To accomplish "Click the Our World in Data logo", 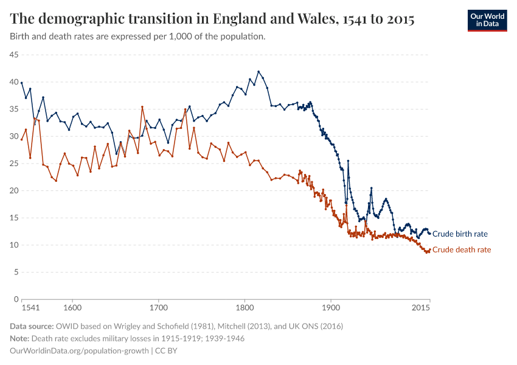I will tap(487, 20).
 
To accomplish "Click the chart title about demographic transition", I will tap(212, 19).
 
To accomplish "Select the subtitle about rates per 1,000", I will tap(137, 36).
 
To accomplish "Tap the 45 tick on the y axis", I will tap(13, 55).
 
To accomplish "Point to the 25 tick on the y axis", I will tap(13, 164).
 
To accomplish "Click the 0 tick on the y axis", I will tap(16, 299).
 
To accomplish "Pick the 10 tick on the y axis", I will tap(13, 245).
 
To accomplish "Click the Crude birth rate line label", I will tap(459, 234).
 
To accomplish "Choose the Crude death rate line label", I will tap(461, 250).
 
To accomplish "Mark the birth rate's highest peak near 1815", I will tap(258, 71).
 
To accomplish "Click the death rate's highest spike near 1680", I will tap(142, 107).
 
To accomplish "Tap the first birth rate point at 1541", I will tap(22, 83).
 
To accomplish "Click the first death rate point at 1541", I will tap(22, 139).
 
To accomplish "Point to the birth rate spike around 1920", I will tap(348, 161).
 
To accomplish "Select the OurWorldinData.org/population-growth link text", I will tap(80, 351).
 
